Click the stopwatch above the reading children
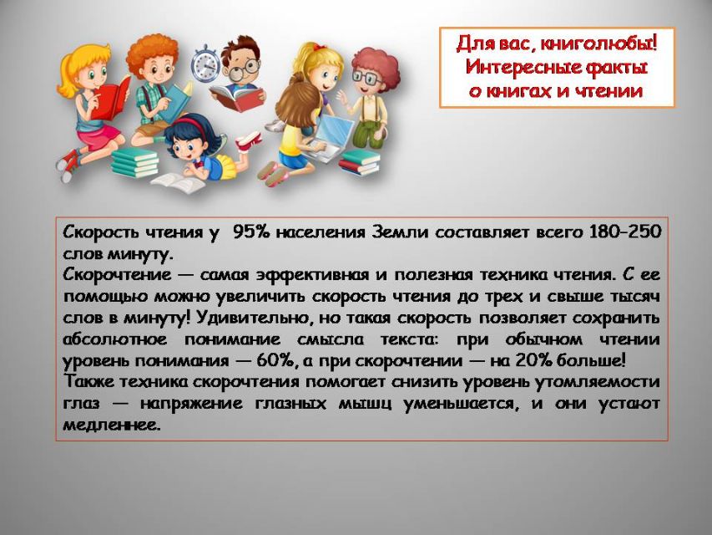coord(205,64)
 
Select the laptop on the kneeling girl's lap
coord(331,135)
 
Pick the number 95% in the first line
coord(251,232)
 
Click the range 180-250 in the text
coord(625,232)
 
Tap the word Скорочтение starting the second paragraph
coord(118,275)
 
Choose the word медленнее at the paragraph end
coord(112,425)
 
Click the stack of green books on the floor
coord(135,162)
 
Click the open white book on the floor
coord(179,182)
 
